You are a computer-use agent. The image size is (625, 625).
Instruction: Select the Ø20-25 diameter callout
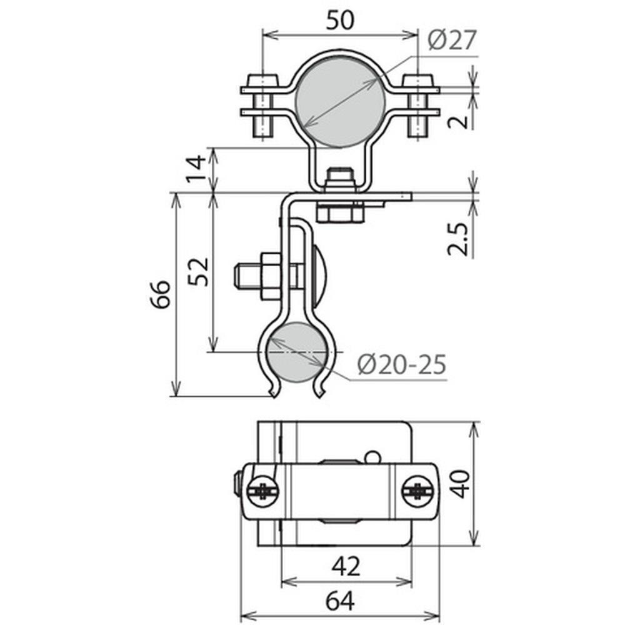pyautogui.click(x=402, y=364)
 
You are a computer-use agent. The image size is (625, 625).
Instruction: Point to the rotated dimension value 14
pyautogui.click(x=196, y=170)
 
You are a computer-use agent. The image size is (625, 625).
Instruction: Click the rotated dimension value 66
pyautogui.click(x=160, y=294)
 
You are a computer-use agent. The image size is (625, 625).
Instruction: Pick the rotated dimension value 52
pyautogui.click(x=198, y=272)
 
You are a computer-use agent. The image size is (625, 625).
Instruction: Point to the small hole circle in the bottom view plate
pyautogui.click(x=373, y=456)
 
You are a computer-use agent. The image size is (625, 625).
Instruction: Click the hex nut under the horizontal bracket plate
pyautogui.click(x=339, y=212)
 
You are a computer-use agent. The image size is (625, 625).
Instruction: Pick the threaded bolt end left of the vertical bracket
pyautogui.click(x=245, y=277)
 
